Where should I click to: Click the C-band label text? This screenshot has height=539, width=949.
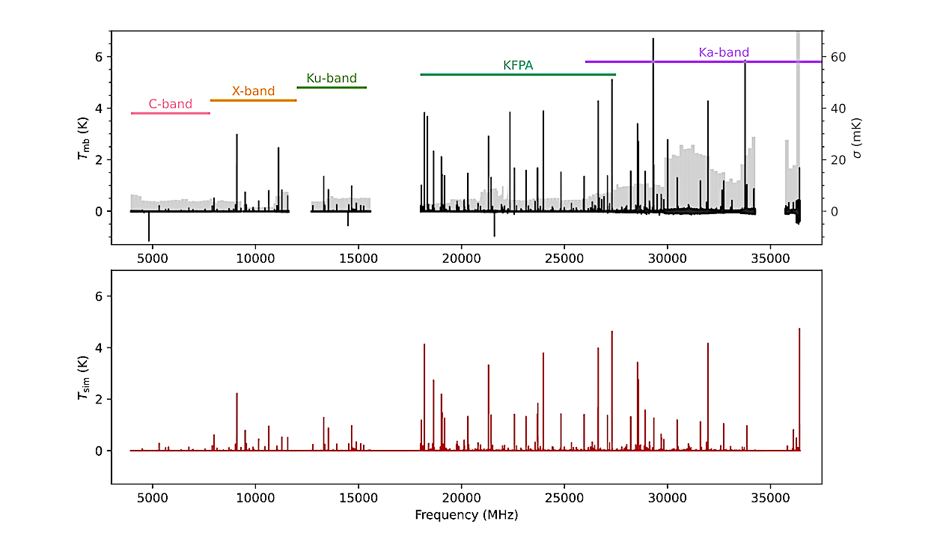(x=171, y=104)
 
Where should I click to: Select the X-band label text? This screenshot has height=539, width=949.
(x=253, y=91)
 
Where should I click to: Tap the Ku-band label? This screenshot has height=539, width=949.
(x=332, y=78)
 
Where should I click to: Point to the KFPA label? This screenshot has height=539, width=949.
(x=518, y=65)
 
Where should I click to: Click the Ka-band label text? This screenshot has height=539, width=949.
(x=724, y=52)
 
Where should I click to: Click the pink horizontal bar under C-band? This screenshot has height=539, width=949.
(x=171, y=113)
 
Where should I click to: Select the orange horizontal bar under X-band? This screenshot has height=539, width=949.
(x=253, y=100)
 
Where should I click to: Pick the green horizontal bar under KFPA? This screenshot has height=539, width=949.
(x=518, y=75)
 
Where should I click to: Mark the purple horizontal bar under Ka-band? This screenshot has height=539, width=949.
(x=704, y=61)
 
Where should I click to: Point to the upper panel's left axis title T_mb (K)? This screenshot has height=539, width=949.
(x=83, y=136)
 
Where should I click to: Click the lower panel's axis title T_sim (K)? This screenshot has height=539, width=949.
(x=83, y=377)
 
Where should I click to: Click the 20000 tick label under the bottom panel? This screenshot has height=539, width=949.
(x=461, y=497)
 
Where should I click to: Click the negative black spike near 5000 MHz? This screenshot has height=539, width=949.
(x=149, y=228)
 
